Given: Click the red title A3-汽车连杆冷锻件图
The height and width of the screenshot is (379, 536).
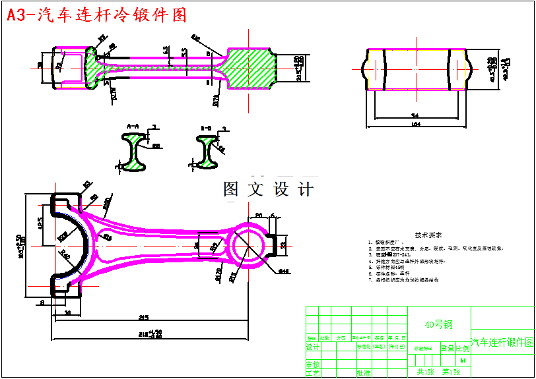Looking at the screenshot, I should [96, 15].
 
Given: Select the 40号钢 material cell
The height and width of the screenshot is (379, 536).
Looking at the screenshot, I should [439, 324].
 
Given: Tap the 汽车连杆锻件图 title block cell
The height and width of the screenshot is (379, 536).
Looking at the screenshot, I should [502, 342].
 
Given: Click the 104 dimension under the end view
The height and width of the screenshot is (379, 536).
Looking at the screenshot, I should [415, 124].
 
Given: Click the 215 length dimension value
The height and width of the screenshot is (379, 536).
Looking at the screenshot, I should [144, 318].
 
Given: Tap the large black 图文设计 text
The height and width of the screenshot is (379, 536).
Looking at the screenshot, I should [269, 190].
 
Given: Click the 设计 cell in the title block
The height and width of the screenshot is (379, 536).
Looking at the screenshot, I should [313, 347].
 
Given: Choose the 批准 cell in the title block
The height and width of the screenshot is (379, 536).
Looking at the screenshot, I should [363, 373].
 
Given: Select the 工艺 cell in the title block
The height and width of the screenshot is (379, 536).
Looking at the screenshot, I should [313, 373].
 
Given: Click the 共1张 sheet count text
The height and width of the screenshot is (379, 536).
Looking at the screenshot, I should [425, 372].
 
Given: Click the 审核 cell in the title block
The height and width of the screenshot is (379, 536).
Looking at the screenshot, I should [313, 364].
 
